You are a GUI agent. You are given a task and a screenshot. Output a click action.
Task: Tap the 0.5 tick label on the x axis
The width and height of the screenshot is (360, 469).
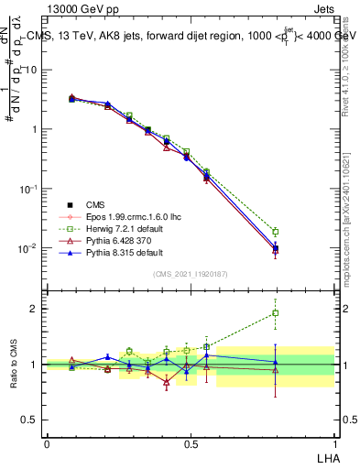tap(191, 442)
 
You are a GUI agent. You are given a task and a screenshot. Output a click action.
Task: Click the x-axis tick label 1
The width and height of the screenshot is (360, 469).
tap(333, 442)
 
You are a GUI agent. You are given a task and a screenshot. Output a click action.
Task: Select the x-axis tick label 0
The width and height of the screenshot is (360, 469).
tap(47, 442)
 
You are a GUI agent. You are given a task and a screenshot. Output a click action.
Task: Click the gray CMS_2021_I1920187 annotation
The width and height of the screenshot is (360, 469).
tap(190, 274)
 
